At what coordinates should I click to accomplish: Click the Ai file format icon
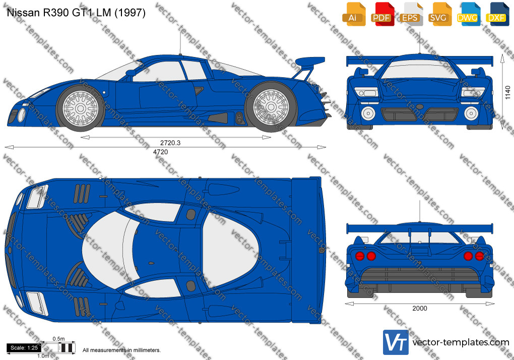(x=354, y=14)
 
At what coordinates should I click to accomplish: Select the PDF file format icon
(x=382, y=14)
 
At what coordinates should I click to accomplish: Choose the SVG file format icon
(x=439, y=14)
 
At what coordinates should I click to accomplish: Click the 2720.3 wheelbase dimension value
(x=170, y=143)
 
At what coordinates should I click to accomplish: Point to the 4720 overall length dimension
(x=161, y=152)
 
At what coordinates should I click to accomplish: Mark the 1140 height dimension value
(x=507, y=92)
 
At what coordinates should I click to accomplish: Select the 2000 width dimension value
(x=420, y=308)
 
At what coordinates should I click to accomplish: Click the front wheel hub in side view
(x=80, y=108)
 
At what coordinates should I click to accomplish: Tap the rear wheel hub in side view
(x=271, y=106)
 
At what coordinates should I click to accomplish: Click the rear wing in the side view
(x=310, y=62)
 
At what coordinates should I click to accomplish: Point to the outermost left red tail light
(x=360, y=256)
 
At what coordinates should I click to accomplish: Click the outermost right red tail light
(x=479, y=256)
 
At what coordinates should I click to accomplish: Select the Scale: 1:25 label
(x=24, y=348)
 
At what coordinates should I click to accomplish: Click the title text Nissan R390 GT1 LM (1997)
(x=76, y=13)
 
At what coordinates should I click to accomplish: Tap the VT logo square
(x=396, y=342)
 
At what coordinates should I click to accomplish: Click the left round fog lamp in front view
(x=368, y=113)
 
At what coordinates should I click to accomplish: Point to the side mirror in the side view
(x=131, y=73)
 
